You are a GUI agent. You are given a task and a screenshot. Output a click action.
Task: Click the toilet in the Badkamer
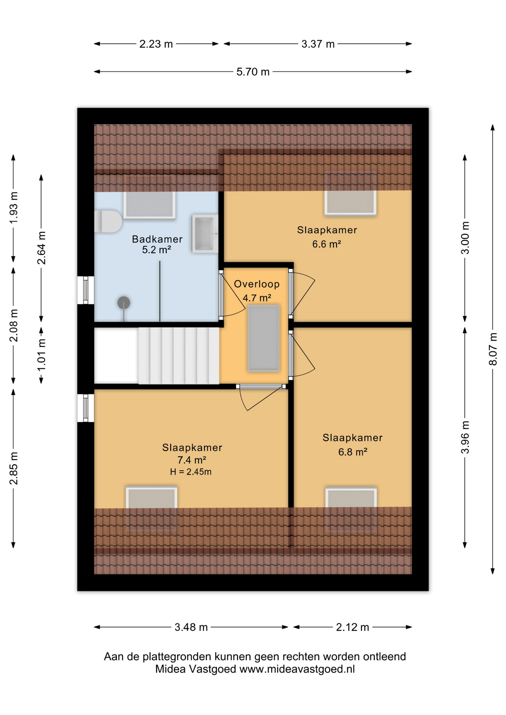tap(108, 222)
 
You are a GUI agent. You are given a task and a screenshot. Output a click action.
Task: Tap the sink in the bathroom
tap(205, 233)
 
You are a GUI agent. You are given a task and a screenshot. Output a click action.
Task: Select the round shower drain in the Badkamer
tap(124, 302)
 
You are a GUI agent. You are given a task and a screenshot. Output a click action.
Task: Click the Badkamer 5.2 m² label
tap(157, 244)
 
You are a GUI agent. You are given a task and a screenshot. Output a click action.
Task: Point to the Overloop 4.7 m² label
tap(257, 291)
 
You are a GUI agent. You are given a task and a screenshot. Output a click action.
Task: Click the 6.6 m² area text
tap(326, 244)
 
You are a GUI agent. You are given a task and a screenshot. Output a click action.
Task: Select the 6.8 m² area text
tap(352, 452)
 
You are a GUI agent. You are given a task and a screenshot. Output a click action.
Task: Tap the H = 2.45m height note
tap(191, 472)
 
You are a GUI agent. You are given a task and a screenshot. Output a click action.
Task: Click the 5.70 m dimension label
tap(253, 71)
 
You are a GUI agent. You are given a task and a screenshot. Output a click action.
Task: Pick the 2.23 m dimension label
tap(156, 44)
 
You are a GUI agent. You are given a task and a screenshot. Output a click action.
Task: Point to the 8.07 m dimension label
tap(493, 349)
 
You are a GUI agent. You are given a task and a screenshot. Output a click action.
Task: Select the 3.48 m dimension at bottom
tap(191, 627)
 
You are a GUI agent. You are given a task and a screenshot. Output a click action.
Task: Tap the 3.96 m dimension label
tap(465, 437)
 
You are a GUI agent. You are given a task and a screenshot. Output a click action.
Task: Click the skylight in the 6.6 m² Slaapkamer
tap(350, 202)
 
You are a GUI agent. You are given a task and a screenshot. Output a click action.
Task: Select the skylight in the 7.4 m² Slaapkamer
tap(152, 499)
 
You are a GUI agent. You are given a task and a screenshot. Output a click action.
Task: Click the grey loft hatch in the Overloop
tap(263, 338)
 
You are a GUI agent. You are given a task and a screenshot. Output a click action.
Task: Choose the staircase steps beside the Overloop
tap(178, 356)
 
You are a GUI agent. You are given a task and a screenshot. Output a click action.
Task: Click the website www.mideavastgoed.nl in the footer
tap(297, 669)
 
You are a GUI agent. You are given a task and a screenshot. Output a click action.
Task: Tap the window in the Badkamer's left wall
tap(86, 290)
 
